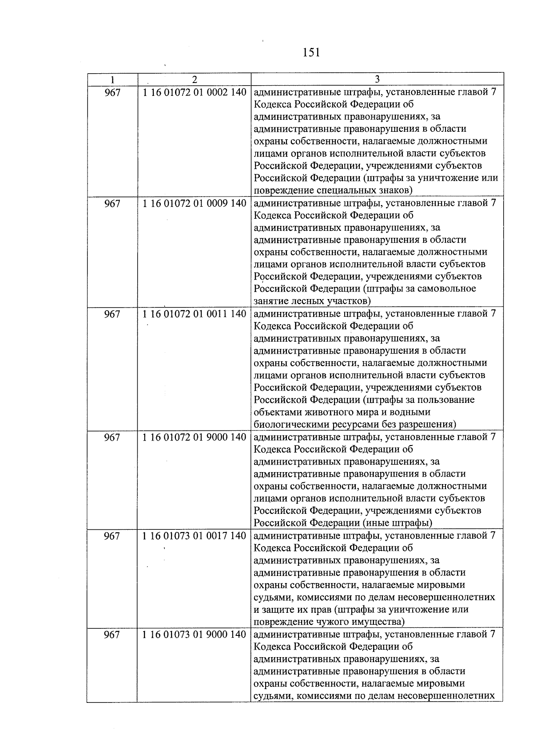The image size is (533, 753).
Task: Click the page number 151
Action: pos(311,53)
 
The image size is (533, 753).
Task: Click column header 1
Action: pos(112,80)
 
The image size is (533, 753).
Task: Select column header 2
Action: pos(194,80)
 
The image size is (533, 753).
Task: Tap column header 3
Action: pos(377,80)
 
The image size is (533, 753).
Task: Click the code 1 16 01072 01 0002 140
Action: pos(194,92)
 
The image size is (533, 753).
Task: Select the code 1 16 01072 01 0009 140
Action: pos(194,203)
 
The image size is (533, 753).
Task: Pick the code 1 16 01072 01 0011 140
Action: pos(194,314)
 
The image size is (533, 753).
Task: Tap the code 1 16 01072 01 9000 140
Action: pos(194,437)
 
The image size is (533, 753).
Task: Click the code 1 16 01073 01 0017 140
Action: pos(194,536)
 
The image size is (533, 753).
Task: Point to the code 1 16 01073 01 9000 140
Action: pos(194,635)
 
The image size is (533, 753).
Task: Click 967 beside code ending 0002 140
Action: pos(112,93)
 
